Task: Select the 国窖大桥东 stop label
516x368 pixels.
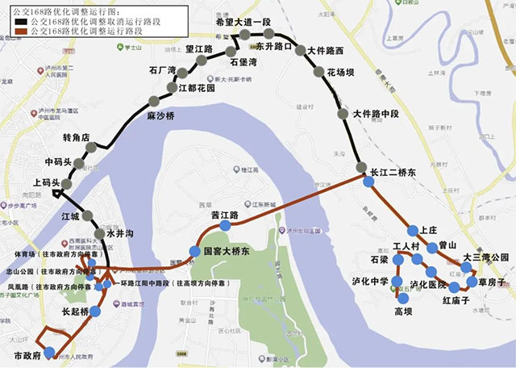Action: pos(227,252)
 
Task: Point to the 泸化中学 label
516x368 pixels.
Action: pos(371,282)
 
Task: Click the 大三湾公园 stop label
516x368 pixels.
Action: pos(486,257)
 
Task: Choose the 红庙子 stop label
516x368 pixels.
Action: pos(456,300)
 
